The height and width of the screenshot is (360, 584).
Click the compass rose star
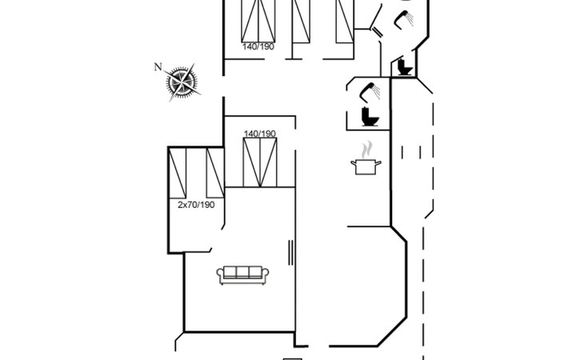pyautogui.click(x=182, y=82)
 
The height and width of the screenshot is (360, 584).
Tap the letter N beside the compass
pyautogui.click(x=158, y=66)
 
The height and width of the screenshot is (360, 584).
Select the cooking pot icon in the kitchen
pyautogui.click(x=366, y=165)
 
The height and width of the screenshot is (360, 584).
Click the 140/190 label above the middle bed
pyautogui.click(x=260, y=133)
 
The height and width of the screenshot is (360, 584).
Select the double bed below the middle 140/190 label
pyautogui.click(x=261, y=162)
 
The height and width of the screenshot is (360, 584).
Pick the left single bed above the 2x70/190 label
pyautogui.click(x=177, y=173)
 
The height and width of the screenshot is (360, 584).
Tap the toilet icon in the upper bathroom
pyautogui.click(x=402, y=67)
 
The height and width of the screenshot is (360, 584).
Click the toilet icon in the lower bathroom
pyautogui.click(x=370, y=117)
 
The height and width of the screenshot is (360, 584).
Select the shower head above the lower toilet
pyautogui.click(x=370, y=89)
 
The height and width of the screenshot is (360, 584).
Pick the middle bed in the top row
pyautogui.click(x=301, y=20)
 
